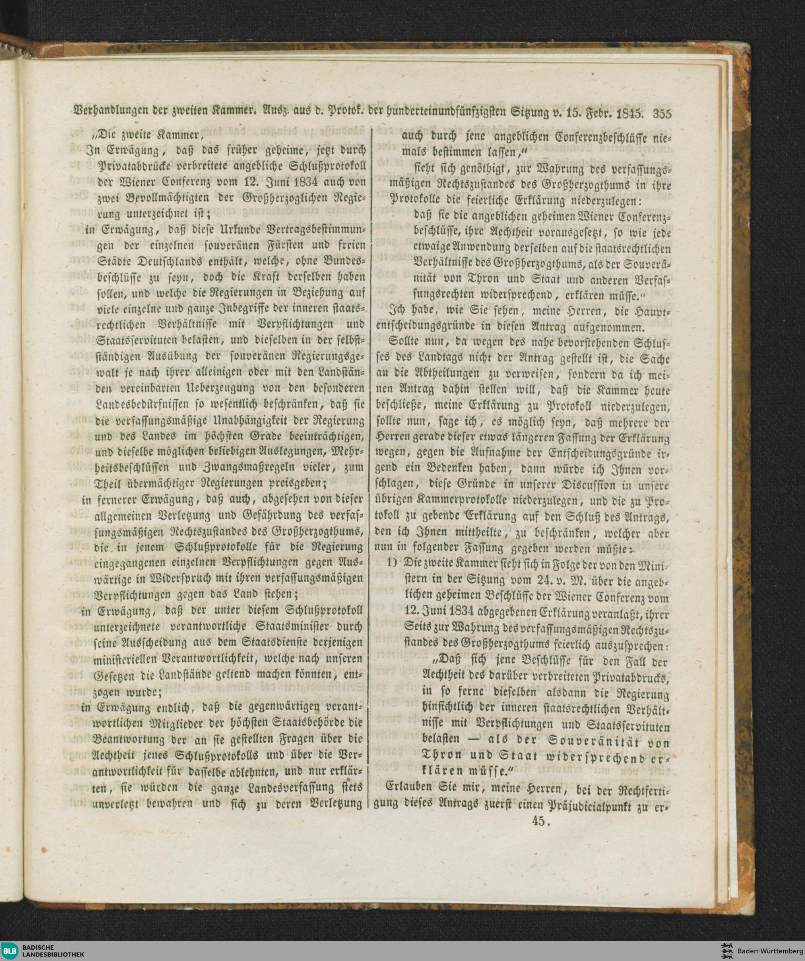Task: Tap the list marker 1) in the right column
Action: (x=393, y=564)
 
